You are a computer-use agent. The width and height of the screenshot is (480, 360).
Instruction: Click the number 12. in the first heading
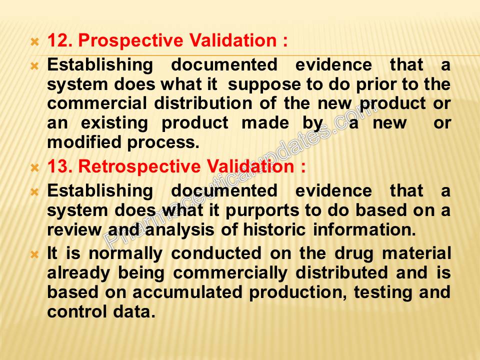coord(60,40)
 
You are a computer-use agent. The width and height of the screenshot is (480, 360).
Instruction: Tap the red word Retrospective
coord(139,167)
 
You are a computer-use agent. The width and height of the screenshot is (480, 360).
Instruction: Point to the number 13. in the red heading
coord(60,166)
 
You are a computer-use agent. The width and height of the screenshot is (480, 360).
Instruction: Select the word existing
coord(114,123)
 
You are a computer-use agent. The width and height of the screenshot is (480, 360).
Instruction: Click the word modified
coord(84,142)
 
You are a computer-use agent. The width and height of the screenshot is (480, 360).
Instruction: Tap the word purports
coord(262,211)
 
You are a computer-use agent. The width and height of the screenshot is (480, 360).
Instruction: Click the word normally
coord(125,254)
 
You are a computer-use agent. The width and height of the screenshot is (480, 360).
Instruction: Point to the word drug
coord(354,254)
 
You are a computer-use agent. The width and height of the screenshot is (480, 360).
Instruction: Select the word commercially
coord(230,273)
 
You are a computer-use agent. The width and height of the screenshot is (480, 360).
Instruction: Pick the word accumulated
coord(187,292)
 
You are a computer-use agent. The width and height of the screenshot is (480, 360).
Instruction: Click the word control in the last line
coord(76,311)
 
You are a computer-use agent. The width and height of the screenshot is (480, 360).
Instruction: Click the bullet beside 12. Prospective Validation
coord(35,41)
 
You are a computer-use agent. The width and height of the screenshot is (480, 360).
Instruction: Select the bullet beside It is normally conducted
coord(35,254)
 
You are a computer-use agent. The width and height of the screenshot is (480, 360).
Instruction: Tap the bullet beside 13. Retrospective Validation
coord(35,167)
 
